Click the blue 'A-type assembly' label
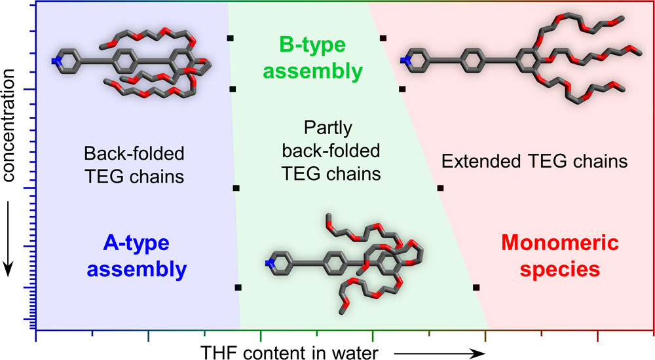point(136,256)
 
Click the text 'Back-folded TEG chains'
point(134,164)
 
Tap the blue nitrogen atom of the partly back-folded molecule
point(269,263)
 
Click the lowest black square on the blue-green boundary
point(238,287)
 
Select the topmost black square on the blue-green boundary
point(229,39)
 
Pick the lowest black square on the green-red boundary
point(476,287)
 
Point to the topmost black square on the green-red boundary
point(383,39)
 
